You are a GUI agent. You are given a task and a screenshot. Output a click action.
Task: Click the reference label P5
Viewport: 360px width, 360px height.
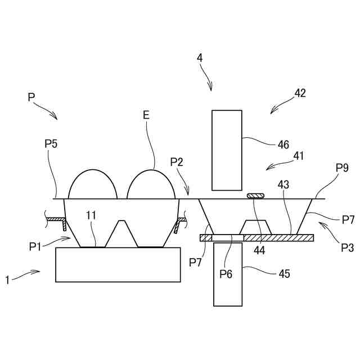[51, 144]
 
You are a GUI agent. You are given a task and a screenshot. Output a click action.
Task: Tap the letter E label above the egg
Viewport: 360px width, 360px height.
[146, 115]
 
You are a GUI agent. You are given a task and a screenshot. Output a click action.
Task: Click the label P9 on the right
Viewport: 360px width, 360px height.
[342, 168]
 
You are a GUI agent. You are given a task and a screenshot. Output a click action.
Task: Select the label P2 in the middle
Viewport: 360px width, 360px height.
[177, 162]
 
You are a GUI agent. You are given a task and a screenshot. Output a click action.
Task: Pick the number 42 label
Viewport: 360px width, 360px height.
[300, 93]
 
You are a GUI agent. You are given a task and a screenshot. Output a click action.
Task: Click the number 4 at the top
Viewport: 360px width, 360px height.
[200, 58]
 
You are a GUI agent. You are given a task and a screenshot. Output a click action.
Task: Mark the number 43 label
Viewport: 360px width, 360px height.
[283, 184]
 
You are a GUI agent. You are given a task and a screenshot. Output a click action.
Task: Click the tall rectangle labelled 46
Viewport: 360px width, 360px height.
[227, 150]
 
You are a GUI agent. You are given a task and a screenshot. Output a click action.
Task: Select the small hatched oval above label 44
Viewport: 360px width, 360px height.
[255, 196]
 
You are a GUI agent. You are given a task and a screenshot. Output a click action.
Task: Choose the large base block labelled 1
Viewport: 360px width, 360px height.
[118, 264]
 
